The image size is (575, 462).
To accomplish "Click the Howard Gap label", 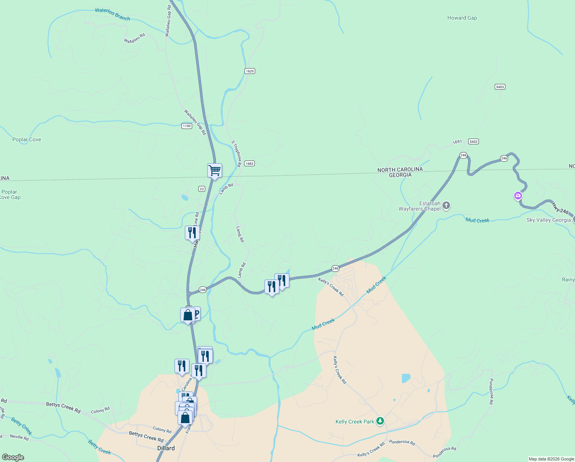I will (x=462, y=18).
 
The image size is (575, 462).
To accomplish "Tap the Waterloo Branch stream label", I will (x=112, y=14).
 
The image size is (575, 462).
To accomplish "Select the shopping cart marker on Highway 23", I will (x=214, y=171).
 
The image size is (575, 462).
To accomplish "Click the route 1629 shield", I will (x=250, y=71).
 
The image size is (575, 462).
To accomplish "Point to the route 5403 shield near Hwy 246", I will (x=474, y=142).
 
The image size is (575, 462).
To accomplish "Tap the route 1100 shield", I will (x=187, y=126).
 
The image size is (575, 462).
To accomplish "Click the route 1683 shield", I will (x=249, y=164).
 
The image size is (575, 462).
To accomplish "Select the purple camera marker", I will (x=518, y=196).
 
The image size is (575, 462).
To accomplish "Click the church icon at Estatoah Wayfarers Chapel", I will (x=446, y=205).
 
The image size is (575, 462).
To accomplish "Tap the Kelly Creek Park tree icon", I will (x=380, y=421).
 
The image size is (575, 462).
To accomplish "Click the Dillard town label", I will (x=166, y=448).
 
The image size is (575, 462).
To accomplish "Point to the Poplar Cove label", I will (x=27, y=140).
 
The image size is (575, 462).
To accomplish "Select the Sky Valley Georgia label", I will (x=548, y=220).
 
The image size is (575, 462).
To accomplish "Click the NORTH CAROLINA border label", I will (x=400, y=169).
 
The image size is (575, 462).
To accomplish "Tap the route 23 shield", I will (x=202, y=189).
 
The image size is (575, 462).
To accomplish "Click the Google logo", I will (x=13, y=457).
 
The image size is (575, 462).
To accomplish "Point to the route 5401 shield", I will (x=500, y=87).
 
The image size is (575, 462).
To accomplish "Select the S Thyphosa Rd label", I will (x=236, y=154).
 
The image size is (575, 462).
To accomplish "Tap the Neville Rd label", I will (x=19, y=437).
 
